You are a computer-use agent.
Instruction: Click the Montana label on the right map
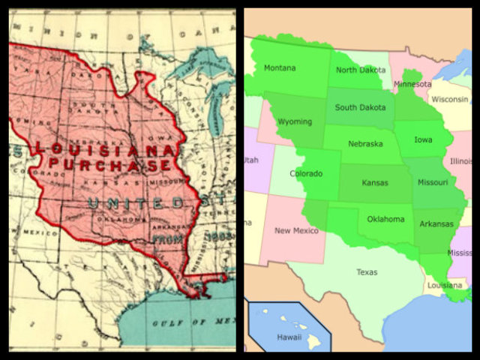(280, 68)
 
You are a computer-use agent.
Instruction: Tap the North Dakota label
(361, 70)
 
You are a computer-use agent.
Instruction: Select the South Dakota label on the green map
(360, 107)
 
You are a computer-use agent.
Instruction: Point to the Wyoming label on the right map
(295, 121)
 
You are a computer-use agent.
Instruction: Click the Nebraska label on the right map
(365, 143)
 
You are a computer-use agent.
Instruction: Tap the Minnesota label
(412, 84)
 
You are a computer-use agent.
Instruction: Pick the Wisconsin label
(450, 98)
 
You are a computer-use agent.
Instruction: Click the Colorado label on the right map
(306, 174)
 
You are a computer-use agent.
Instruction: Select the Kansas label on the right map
(375, 182)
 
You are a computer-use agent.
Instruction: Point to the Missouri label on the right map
(433, 182)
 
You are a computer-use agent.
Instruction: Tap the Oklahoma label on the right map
(385, 219)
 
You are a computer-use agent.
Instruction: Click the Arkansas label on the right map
(436, 223)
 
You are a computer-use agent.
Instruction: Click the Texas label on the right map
(367, 272)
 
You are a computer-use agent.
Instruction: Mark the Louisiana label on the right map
(445, 286)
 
